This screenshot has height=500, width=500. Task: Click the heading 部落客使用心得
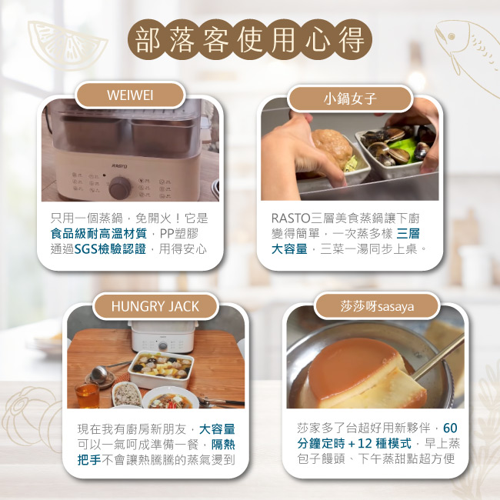coord(250,39)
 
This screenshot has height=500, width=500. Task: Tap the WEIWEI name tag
coord(130,95)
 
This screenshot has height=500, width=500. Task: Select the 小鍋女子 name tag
coord(350,98)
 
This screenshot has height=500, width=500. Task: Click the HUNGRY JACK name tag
coord(155,306)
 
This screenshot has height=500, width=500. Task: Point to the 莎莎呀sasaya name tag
coord(377,306)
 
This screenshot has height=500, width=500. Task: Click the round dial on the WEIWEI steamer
coord(119,188)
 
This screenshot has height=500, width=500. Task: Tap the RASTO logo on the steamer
coord(120,166)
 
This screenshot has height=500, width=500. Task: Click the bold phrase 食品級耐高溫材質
coord(99,234)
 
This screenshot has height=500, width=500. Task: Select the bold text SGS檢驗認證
coord(110,249)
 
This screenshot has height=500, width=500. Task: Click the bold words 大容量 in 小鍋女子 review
coord(289,249)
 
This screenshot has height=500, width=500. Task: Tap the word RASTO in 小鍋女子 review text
coord(291,218)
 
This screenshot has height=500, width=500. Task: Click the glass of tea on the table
coord(87,395)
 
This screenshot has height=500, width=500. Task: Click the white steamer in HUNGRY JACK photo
coord(162,336)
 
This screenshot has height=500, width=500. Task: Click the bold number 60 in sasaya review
coord(450,428)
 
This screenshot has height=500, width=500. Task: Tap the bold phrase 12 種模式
coord(385,444)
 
